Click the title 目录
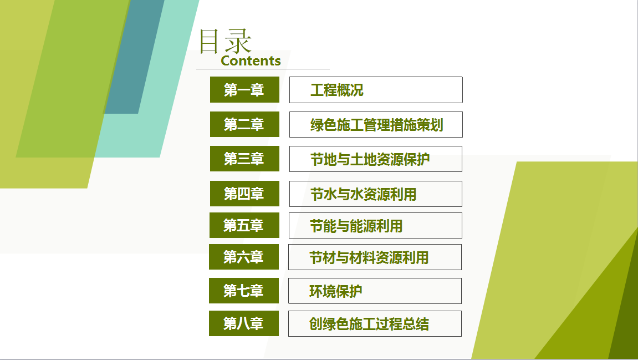coord(225,41)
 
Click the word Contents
coord(251,60)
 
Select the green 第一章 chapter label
coord(244,90)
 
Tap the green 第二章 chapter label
coord(244,124)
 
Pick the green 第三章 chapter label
coord(244,159)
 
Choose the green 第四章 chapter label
coord(244,194)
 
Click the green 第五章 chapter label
coord(244,225)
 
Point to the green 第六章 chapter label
coord(244,257)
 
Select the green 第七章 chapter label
coord(244,290)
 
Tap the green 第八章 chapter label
coord(244,323)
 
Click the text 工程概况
coord(337,90)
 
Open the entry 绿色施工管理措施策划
coord(377,125)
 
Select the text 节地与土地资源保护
coord(370,159)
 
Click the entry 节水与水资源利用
coord(364,194)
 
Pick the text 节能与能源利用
coord(356,226)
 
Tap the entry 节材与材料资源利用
coord(369,257)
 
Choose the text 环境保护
coord(336,291)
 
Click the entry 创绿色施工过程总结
coord(369,324)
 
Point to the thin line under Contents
coord(263,69)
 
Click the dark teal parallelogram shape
coord(135,57)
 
